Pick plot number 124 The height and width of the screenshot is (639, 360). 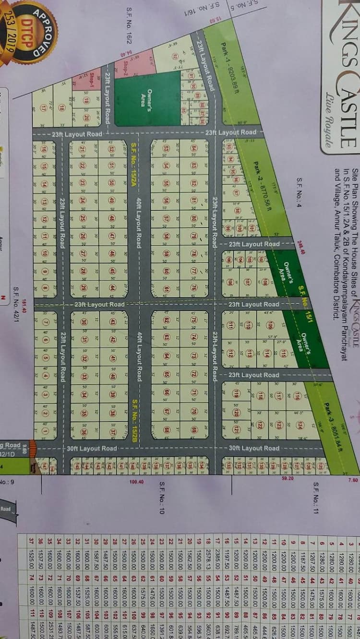(299, 425)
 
